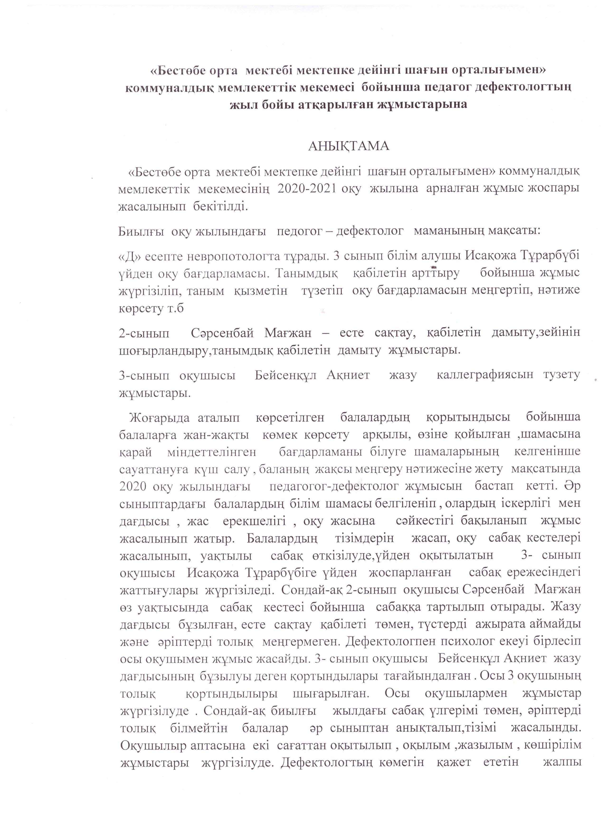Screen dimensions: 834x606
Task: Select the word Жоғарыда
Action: [159, 418]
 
